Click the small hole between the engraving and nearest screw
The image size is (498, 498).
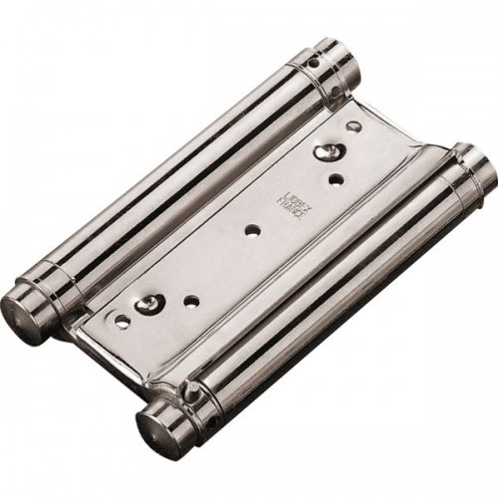click(x=335, y=179)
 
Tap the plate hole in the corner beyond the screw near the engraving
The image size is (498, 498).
click(x=352, y=127)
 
